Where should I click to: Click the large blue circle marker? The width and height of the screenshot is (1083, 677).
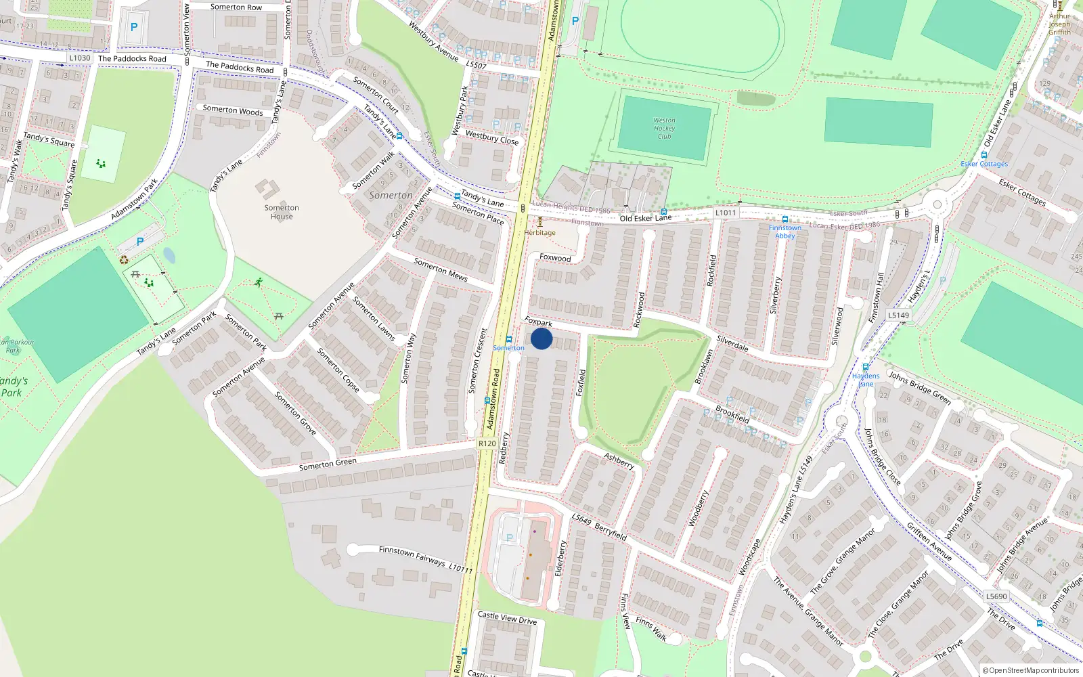(x=541, y=338)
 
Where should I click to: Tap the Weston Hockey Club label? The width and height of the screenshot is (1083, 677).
(x=664, y=128)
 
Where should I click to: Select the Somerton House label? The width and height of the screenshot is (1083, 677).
(x=282, y=212)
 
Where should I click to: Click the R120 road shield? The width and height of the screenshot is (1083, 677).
(x=487, y=443)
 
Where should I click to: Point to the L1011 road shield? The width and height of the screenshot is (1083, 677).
(x=725, y=213)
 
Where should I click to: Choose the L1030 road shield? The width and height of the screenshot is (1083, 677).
(x=79, y=58)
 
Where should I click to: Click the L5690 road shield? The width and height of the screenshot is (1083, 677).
(x=996, y=596)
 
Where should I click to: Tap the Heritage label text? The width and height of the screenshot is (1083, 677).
(x=539, y=233)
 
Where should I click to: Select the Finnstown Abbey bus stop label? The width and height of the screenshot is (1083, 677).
(x=784, y=232)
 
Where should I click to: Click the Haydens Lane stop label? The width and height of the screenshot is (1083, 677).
(x=866, y=380)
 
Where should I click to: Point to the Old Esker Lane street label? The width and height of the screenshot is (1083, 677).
(x=646, y=218)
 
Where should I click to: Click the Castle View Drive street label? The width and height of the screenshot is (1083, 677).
(x=507, y=618)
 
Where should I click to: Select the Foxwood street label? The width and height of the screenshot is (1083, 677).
(x=555, y=258)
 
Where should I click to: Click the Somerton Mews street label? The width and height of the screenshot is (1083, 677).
(x=441, y=269)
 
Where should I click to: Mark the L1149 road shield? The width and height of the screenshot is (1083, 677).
(x=899, y=315)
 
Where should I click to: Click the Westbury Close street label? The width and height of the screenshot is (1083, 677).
(x=491, y=137)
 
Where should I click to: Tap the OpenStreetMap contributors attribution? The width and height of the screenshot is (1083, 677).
(x=1031, y=670)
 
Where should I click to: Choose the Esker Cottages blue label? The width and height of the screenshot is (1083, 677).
(x=984, y=164)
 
